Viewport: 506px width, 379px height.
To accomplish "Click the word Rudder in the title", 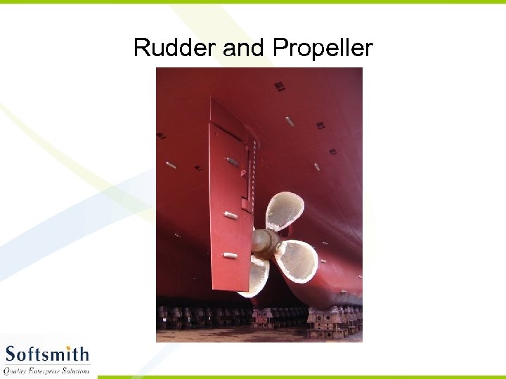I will pyautogui.click(x=175, y=48).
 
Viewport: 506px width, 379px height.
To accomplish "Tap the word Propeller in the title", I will pyautogui.click(x=323, y=48).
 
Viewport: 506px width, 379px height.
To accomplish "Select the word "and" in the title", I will pyautogui.click(x=245, y=48).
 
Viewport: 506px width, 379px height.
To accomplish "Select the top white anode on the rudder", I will pyautogui.click(x=231, y=161).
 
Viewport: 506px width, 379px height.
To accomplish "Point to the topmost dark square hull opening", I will pyautogui.click(x=280, y=86).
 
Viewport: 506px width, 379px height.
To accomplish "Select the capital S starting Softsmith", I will pyautogui.click(x=11, y=354).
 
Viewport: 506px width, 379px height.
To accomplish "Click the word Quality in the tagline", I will pyautogui.click(x=15, y=371).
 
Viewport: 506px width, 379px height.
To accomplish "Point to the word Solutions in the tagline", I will pyautogui.click(x=77, y=371).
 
